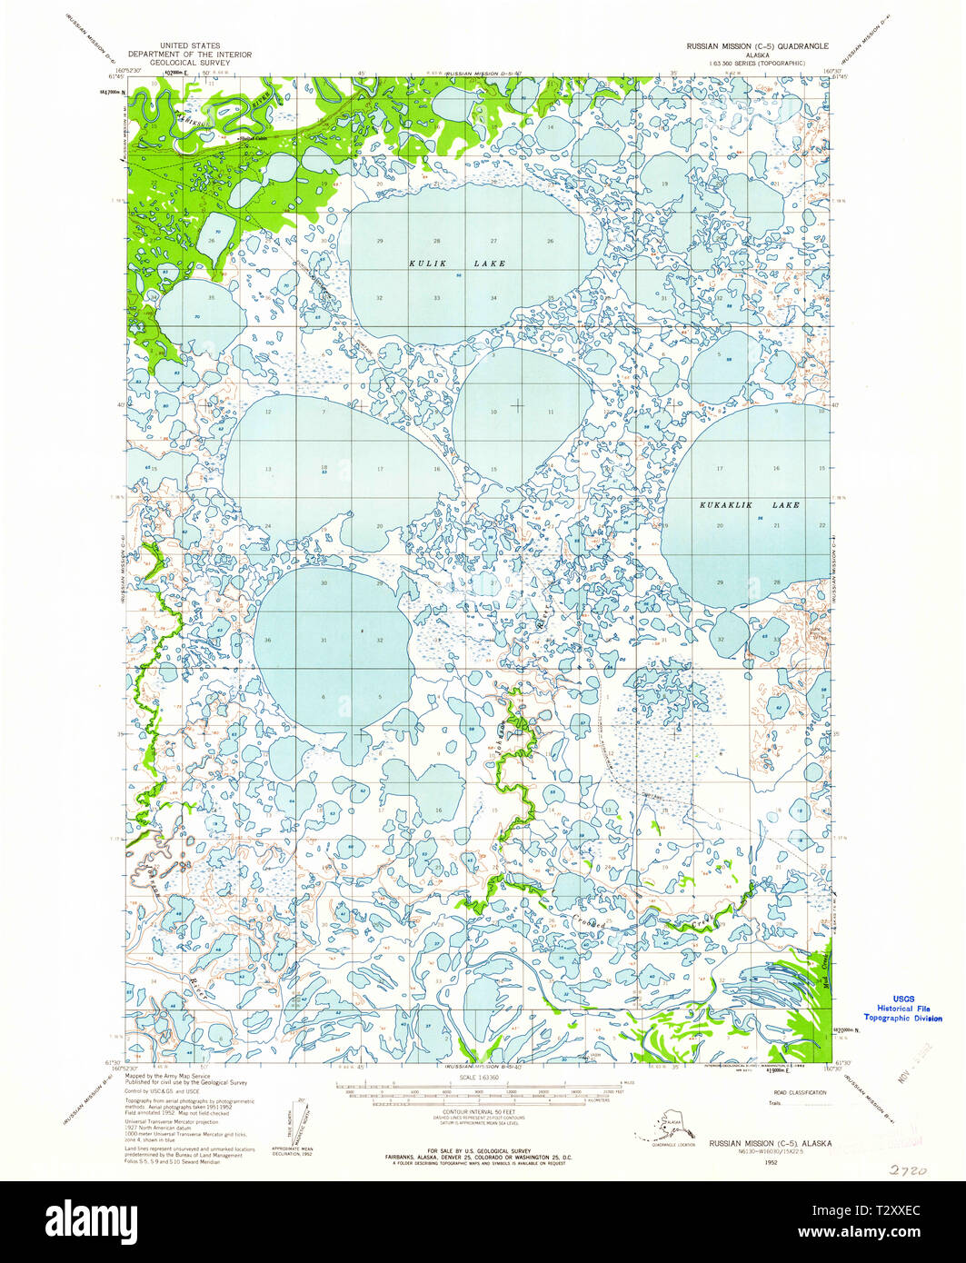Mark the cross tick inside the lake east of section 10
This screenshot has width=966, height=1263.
(518, 404)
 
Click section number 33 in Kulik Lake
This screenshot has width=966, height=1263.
(437, 298)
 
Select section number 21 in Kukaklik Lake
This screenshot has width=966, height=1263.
(776, 526)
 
